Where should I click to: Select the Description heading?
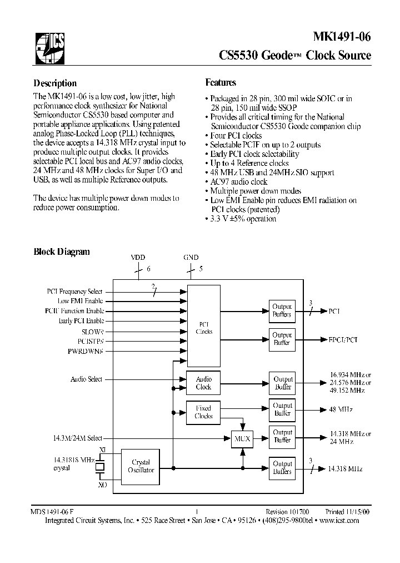(55, 83)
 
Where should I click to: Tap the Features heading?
(221, 82)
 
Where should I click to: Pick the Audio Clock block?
(203, 383)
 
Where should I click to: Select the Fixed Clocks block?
(203, 412)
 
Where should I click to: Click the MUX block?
(242, 439)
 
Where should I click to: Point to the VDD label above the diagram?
(138, 258)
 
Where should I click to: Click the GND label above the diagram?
(190, 258)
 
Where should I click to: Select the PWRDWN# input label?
(89, 351)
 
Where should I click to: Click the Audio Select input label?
(86, 379)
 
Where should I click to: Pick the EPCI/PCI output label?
(342, 339)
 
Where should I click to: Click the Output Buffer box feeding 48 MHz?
(282, 409)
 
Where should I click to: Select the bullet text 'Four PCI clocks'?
(236, 135)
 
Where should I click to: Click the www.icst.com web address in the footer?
(339, 521)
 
